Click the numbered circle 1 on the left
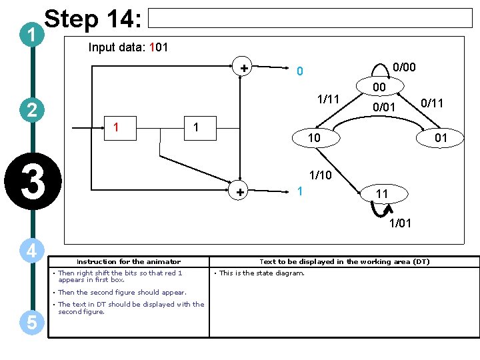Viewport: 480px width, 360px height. tap(32, 34)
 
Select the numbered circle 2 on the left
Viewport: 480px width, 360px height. tap(32, 110)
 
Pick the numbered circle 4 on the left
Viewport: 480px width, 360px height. tap(32, 251)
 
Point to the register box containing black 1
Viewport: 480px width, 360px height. tap(195, 127)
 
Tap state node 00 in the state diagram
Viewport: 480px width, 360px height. tap(379, 87)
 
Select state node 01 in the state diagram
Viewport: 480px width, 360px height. tap(441, 138)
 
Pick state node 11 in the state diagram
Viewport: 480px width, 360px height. tap(382, 194)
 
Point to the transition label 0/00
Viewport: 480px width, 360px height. tap(404, 67)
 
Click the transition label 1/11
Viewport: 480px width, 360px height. tap(327, 99)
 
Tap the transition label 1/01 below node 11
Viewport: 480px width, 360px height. tap(401, 223)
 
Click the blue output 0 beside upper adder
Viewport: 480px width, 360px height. tap(300, 71)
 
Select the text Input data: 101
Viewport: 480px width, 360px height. tap(128, 48)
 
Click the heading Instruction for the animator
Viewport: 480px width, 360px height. tap(129, 262)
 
